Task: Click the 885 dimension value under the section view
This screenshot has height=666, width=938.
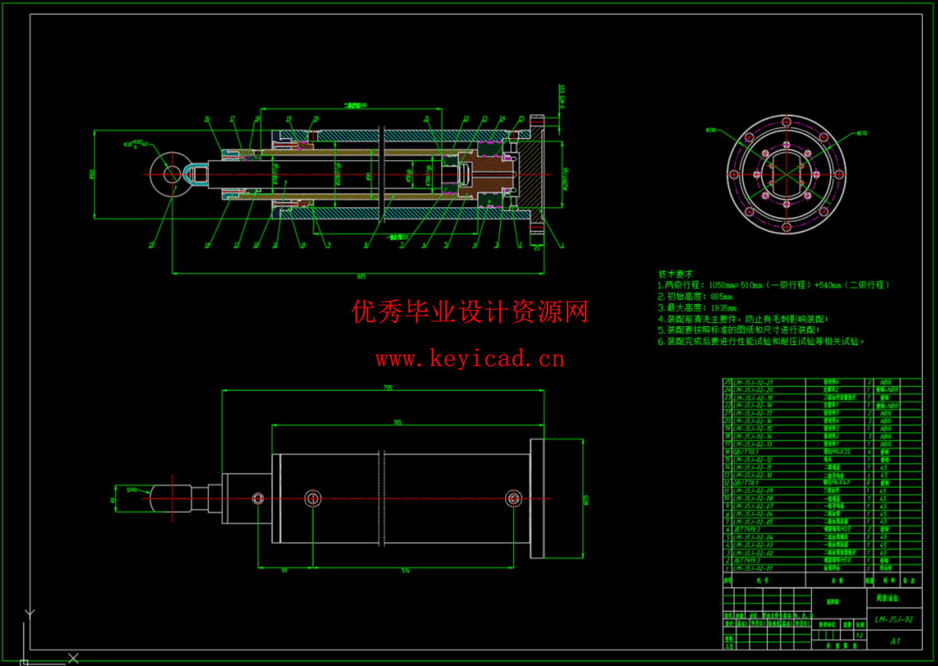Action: [361, 277]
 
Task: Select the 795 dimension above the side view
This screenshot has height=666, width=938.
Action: [388, 387]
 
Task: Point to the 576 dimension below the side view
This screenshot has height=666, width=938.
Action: [405, 571]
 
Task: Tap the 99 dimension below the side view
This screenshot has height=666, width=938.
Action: [284, 571]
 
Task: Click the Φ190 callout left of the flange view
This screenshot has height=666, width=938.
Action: [711, 130]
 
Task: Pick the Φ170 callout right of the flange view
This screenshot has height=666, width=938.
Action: [862, 133]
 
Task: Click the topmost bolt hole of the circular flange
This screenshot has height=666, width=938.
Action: [787, 123]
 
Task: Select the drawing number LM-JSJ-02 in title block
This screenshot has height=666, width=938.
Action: [894, 619]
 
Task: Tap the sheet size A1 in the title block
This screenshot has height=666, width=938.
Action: [895, 641]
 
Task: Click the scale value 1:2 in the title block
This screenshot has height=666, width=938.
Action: [859, 635]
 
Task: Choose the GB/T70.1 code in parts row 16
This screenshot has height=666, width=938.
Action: [745, 452]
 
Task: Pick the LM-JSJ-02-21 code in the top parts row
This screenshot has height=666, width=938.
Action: [753, 383]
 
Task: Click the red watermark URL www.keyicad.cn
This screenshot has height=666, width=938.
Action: [470, 359]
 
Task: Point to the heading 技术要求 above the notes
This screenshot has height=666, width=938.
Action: [675, 274]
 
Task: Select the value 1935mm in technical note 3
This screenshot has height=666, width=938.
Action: [723, 308]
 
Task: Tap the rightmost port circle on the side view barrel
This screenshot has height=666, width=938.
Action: [514, 498]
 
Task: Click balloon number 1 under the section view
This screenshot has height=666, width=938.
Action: [562, 245]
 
